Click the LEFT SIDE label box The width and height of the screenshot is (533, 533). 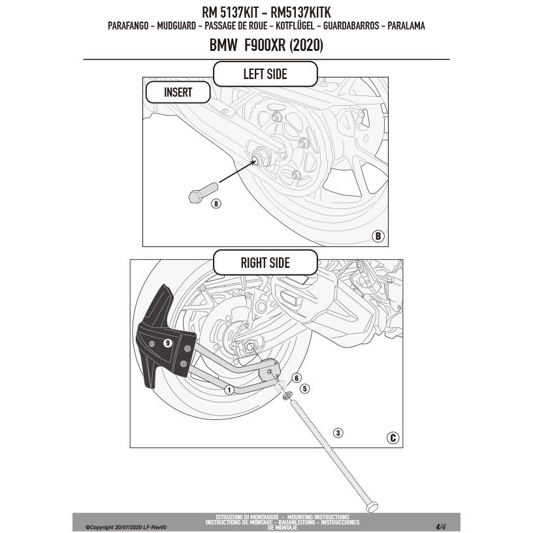click(265, 74)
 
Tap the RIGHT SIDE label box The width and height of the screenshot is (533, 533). click(265, 263)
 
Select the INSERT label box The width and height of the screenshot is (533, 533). click(178, 92)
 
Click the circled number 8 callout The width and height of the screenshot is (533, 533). click(216, 203)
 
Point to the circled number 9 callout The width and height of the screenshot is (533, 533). click(167, 342)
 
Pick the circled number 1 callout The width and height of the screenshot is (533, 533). click(229, 390)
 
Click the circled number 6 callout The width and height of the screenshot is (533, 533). click(296, 378)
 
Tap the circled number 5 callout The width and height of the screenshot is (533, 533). click(304, 388)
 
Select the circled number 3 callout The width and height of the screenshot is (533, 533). click(338, 432)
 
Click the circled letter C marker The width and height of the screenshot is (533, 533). click(393, 438)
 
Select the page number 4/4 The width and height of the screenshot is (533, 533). click(440, 526)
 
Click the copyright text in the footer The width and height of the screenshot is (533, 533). click(126, 526)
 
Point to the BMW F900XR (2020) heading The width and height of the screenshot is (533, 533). click(266, 45)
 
